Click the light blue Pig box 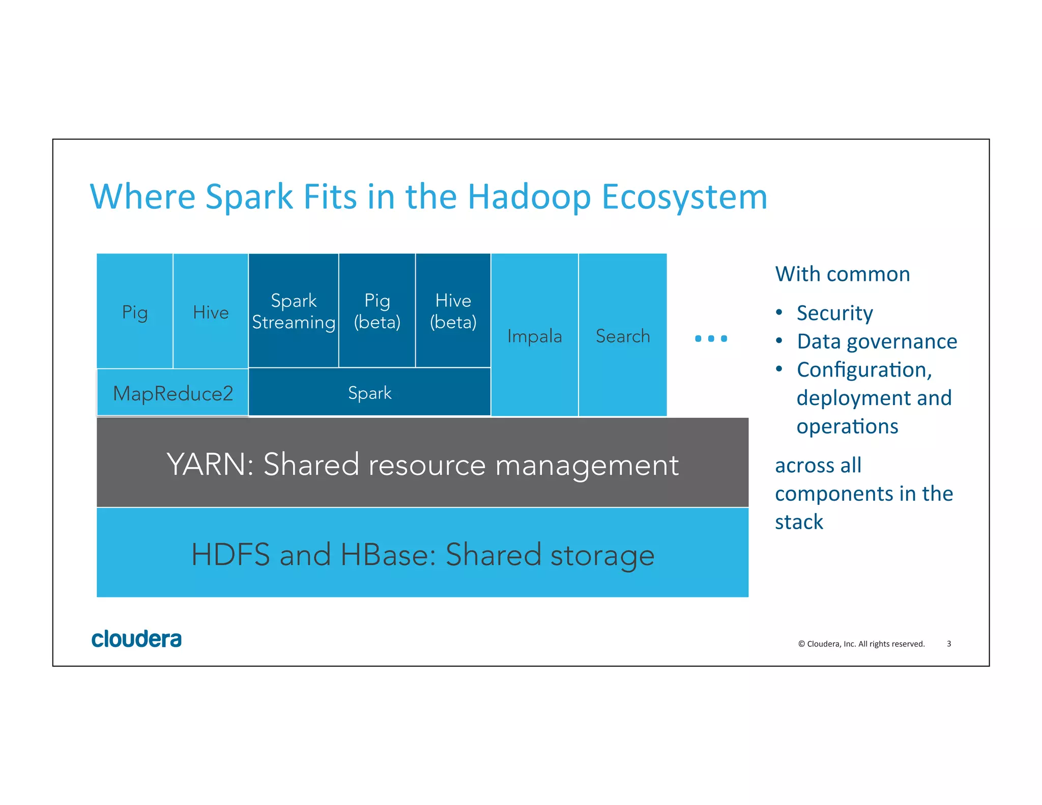(x=135, y=311)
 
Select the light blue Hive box (x=211, y=311)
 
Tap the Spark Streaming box (x=294, y=311)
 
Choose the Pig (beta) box (x=377, y=311)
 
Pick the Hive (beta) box (x=453, y=311)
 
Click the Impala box (x=534, y=336)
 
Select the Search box (x=623, y=336)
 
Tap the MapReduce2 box (x=173, y=393)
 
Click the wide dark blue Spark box (x=370, y=392)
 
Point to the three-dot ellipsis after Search (x=711, y=338)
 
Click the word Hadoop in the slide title (x=529, y=196)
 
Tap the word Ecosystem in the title (x=684, y=196)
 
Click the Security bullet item (x=834, y=312)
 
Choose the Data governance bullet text (x=877, y=341)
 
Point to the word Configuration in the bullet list (x=863, y=369)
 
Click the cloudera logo (x=136, y=639)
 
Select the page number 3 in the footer (x=948, y=644)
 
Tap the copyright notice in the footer (x=861, y=644)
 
